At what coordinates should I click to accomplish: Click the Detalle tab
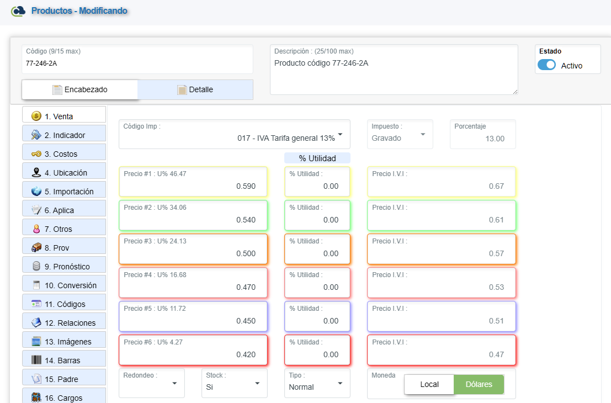[x=195, y=89]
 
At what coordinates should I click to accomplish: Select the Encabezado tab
[x=80, y=89]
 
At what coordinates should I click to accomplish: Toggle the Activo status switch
[x=546, y=65]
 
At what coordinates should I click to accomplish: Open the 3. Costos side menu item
[x=64, y=154]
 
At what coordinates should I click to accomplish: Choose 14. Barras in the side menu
[x=64, y=360]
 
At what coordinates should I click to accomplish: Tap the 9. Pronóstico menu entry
[x=64, y=267]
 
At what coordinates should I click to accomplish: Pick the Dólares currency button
[x=479, y=384]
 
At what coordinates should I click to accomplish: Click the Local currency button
[x=429, y=384]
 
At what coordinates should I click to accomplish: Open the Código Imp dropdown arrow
[x=340, y=135]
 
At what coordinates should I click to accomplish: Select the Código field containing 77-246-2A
[x=137, y=63]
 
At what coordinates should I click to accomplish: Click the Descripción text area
[x=394, y=75]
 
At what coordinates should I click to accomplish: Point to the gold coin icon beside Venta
[x=36, y=116]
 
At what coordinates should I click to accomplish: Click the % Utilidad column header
[x=317, y=158]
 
